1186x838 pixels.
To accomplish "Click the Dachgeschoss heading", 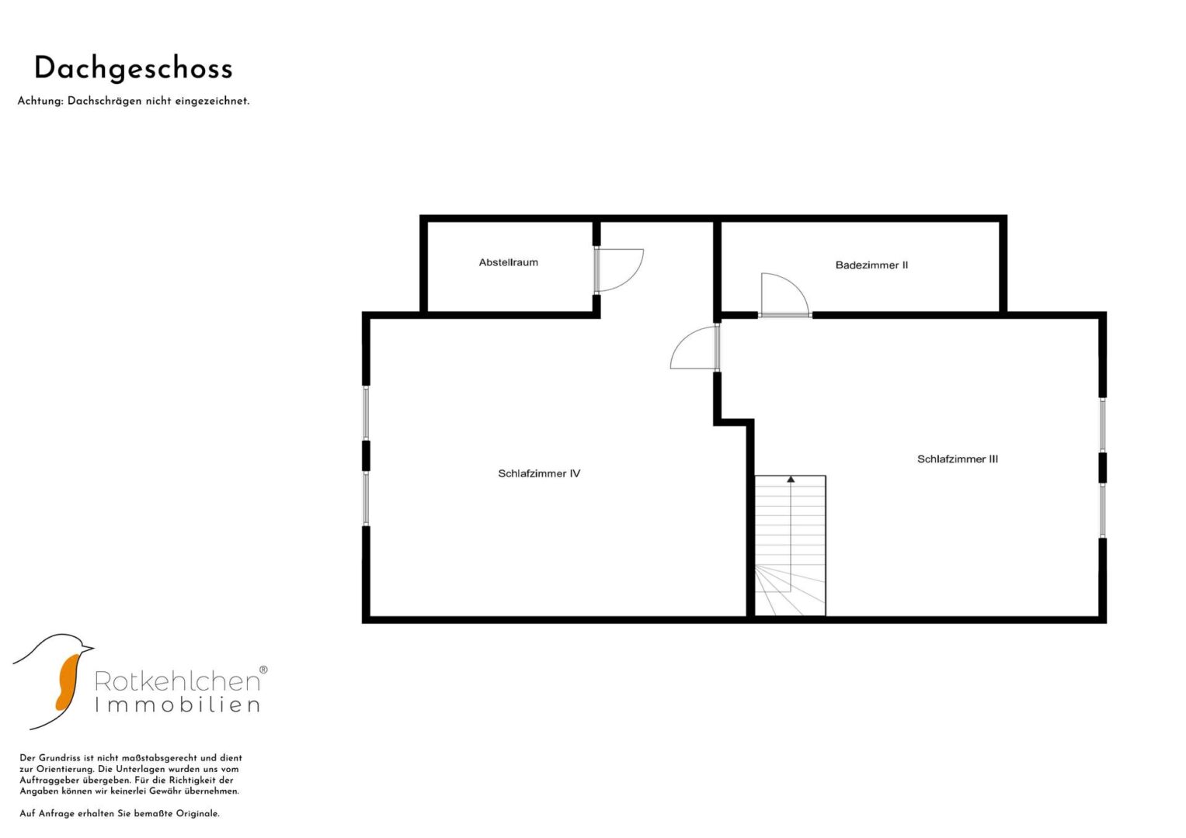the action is [134, 69].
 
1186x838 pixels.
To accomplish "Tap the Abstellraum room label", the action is [508, 262].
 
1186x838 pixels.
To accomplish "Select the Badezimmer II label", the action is [871, 265].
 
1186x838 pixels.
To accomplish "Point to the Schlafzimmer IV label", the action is [539, 473].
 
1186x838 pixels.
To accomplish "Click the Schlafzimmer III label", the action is [958, 459].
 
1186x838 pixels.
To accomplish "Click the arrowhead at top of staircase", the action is [791, 480].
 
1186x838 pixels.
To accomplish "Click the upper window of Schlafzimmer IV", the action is [366, 413].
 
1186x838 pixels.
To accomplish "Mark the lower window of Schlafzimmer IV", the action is [366, 498].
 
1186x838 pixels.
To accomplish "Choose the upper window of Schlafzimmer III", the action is [1103, 425].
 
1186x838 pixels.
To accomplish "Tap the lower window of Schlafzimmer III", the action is [1103, 511].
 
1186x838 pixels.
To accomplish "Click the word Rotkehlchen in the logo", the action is [177, 681].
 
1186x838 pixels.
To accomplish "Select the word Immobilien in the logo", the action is [177, 705].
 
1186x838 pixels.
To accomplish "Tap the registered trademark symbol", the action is [263, 670].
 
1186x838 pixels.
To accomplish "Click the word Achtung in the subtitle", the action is [40, 101].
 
